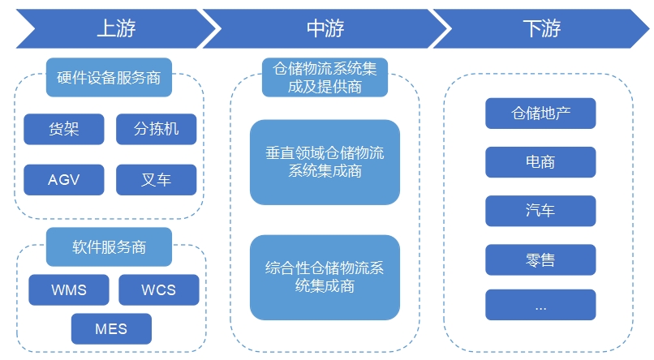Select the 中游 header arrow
[x=325, y=29]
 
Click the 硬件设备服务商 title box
[x=109, y=78]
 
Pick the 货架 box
[x=64, y=129]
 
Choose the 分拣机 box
[x=156, y=129]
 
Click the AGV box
[x=64, y=180]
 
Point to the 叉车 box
[x=156, y=180]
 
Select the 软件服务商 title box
[x=109, y=247]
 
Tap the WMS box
[x=69, y=289]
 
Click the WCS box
[x=158, y=289]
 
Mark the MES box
[x=111, y=329]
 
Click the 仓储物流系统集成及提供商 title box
[x=325, y=78]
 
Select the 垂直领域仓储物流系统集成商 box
[x=325, y=162]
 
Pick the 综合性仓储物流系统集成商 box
[x=325, y=277]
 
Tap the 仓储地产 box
[x=540, y=114]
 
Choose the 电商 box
[x=540, y=162]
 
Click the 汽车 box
[x=540, y=211]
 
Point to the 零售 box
[x=540, y=259]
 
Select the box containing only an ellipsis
[x=540, y=306]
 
